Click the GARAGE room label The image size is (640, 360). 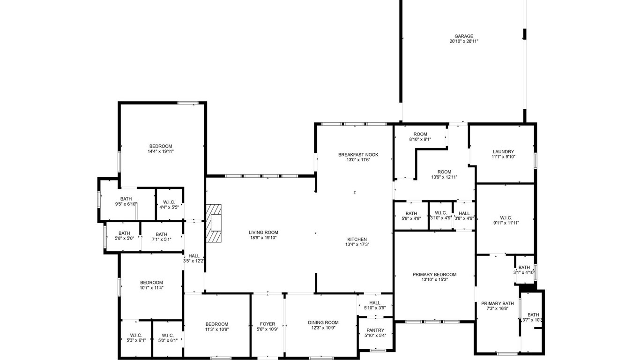(464, 36)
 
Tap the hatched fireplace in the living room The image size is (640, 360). (214, 223)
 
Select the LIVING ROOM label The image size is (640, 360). (263, 232)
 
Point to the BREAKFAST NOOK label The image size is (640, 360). (358, 155)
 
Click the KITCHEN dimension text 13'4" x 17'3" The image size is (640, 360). (357, 245)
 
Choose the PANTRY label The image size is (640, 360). (375, 330)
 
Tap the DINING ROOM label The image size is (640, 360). (323, 322)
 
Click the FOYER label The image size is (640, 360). (268, 324)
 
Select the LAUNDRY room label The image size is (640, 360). (504, 151)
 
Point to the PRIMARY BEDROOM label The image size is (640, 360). (435, 275)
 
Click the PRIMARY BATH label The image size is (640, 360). (498, 303)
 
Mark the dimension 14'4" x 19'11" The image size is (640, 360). (161, 151)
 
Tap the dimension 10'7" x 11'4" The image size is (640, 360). (151, 288)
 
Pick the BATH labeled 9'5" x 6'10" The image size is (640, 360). (126, 199)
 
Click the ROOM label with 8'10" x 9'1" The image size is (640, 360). (420, 134)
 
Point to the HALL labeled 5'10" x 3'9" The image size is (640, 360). (374, 303)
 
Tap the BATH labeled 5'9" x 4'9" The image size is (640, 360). (411, 214)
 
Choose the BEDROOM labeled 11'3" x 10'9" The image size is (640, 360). (217, 324)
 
